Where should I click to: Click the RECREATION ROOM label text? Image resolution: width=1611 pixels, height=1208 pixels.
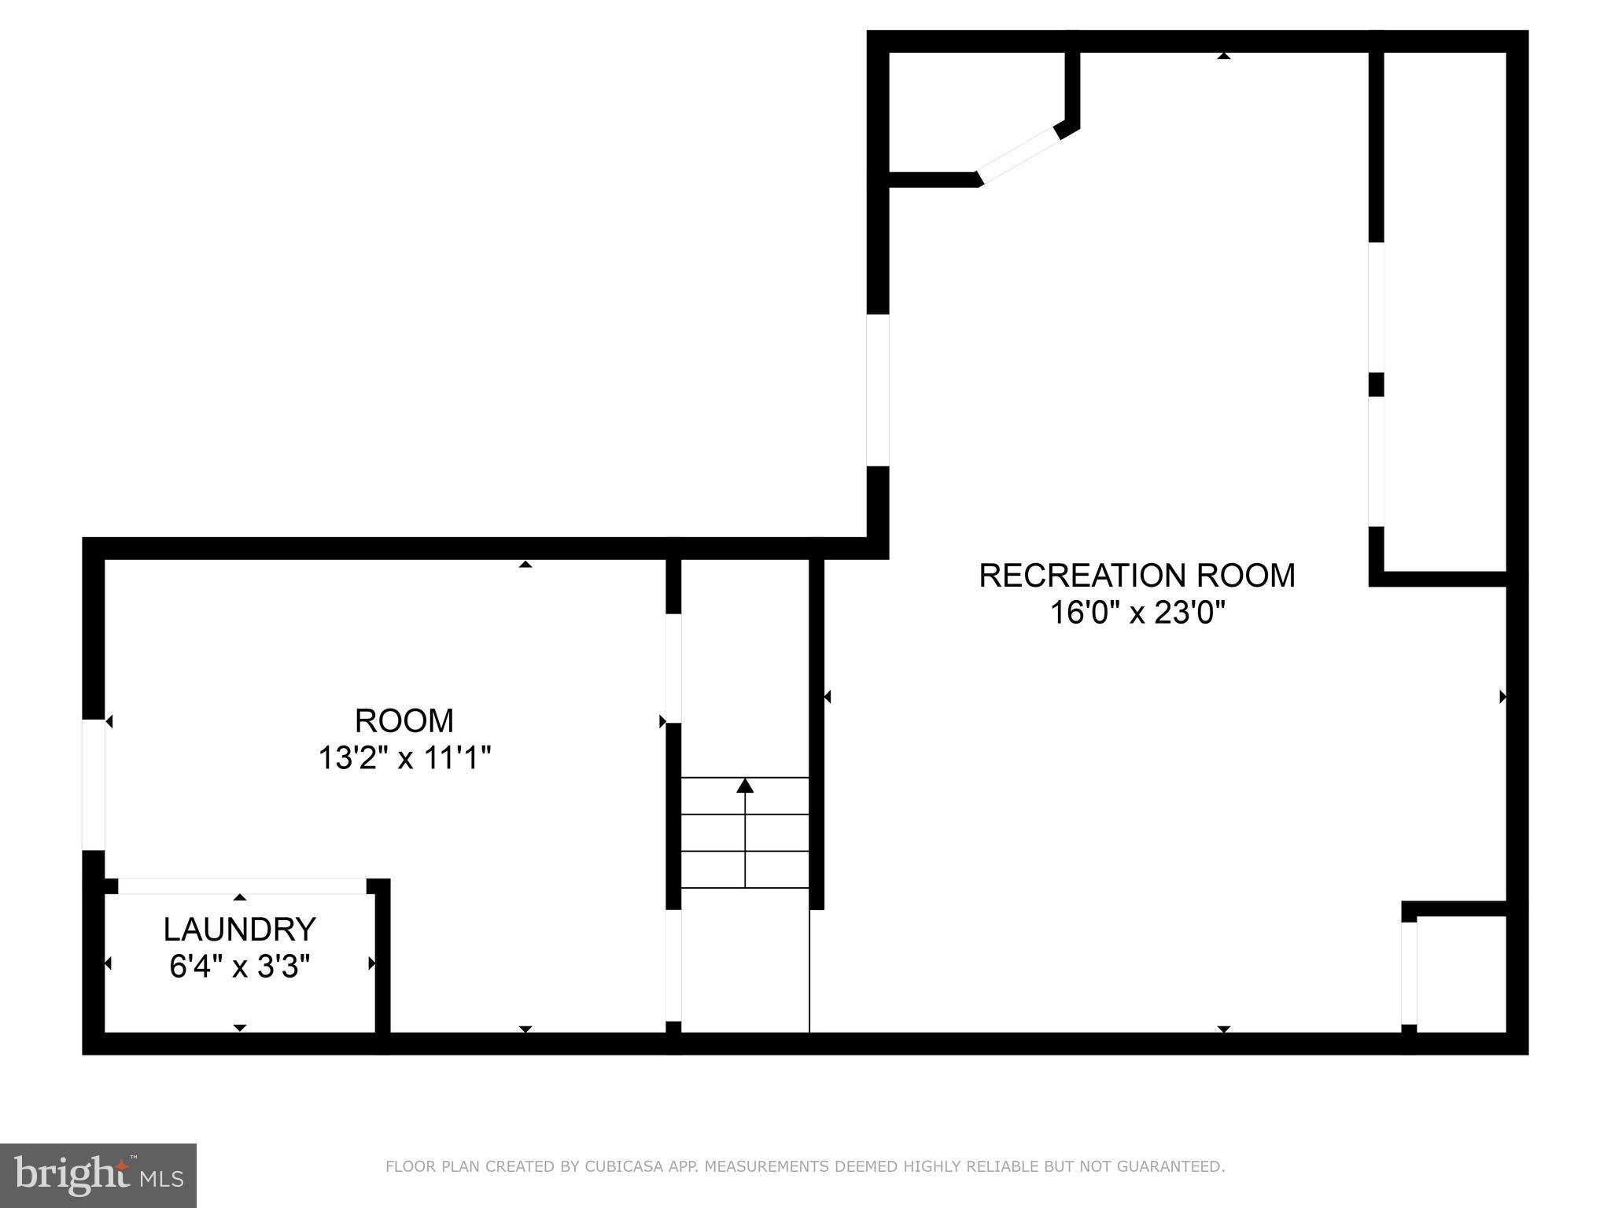[1137, 576]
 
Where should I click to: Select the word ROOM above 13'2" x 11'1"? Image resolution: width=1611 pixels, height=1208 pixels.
[404, 720]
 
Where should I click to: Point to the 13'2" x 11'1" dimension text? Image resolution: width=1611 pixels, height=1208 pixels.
[404, 759]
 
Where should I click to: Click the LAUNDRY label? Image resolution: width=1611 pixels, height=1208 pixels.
[240, 930]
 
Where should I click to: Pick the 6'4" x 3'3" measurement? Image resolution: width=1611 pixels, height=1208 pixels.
[240, 967]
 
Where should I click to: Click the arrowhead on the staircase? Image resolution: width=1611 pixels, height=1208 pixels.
[745, 786]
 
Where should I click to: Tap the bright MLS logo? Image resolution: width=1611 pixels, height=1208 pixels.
[98, 1175]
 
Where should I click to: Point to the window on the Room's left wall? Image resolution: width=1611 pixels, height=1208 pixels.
[94, 784]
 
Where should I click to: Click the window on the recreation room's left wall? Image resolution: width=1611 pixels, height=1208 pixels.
[878, 390]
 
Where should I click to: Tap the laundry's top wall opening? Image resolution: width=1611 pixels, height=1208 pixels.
[242, 886]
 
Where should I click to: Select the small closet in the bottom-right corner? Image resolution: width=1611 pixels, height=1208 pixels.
[1461, 974]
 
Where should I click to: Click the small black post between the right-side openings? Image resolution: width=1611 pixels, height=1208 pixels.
[1376, 385]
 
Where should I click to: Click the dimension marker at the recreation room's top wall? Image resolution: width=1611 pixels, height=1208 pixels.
[1223, 56]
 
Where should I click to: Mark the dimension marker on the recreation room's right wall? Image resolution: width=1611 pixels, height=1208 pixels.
[1502, 697]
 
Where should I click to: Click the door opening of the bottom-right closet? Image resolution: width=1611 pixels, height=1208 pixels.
[1409, 973]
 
